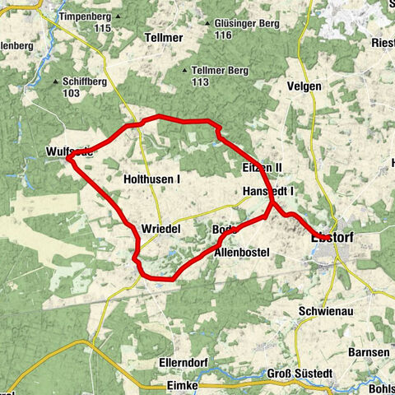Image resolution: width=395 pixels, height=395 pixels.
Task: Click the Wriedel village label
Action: coord(160,228)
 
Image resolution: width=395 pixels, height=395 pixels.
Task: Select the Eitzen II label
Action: coord(263,168)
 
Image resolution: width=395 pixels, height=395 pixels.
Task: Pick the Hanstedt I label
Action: coord(268,191)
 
